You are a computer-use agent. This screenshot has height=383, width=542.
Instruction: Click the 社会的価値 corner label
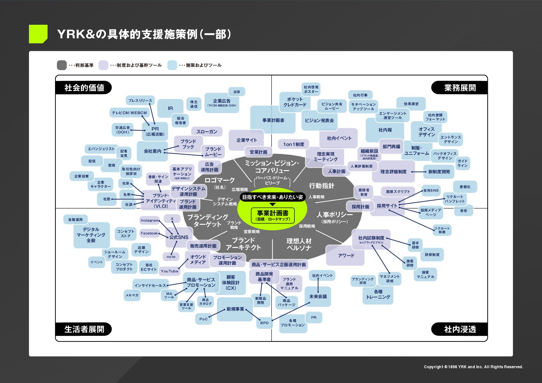tap(84, 88)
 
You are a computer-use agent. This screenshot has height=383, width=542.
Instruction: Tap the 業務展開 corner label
tap(460, 88)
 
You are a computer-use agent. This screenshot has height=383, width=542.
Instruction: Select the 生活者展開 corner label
tap(84, 329)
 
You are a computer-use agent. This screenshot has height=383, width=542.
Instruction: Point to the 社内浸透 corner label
tap(460, 329)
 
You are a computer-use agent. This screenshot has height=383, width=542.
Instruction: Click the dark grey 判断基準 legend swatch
tap(61, 65)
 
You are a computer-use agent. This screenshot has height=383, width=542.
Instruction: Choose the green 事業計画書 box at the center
tap(272, 215)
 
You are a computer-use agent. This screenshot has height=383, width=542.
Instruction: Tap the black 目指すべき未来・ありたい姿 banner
tap(272, 197)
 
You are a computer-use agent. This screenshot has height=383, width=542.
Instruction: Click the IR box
tap(170, 108)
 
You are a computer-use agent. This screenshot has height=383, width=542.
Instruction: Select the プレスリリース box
tap(140, 100)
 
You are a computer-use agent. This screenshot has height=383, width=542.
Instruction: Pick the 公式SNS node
tap(179, 237)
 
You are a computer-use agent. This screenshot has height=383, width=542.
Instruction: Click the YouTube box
tap(169, 271)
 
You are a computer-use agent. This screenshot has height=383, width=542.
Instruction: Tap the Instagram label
tap(149, 220)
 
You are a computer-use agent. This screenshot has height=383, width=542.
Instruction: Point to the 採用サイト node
tap(387, 206)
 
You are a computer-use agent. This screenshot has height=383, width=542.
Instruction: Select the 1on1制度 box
tap(294, 144)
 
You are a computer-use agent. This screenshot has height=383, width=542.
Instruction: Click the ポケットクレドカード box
tap(294, 102)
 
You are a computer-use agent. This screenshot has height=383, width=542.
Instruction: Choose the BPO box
tap(264, 323)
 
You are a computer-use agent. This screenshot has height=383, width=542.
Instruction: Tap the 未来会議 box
tap(318, 296)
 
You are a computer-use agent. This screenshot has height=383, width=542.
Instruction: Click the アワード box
tap(346, 256)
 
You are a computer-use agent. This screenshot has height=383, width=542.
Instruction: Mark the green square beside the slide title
tap(38, 34)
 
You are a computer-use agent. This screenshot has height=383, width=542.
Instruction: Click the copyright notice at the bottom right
tap(473, 367)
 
